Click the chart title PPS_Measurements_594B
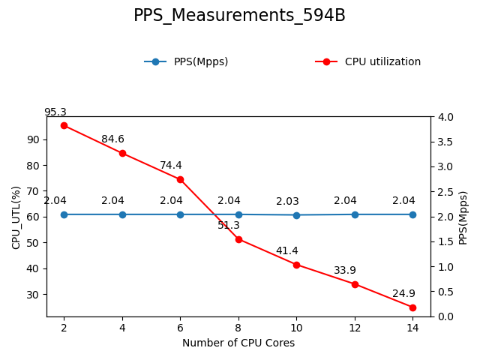(x=239, y=16)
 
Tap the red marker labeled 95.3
(x=64, y=125)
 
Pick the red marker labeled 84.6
(x=122, y=153)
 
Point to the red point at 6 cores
(x=180, y=179)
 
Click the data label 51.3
(x=229, y=226)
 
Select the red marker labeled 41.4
(x=296, y=265)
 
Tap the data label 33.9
(x=345, y=271)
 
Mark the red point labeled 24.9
(x=412, y=307)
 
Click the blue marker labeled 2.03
(x=296, y=215)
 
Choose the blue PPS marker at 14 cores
(x=412, y=214)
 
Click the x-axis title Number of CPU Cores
(x=238, y=343)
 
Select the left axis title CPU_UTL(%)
(x=16, y=217)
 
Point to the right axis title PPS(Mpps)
(x=463, y=217)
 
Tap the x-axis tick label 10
(x=296, y=327)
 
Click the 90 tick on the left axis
(x=33, y=139)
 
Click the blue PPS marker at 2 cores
(x=64, y=214)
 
